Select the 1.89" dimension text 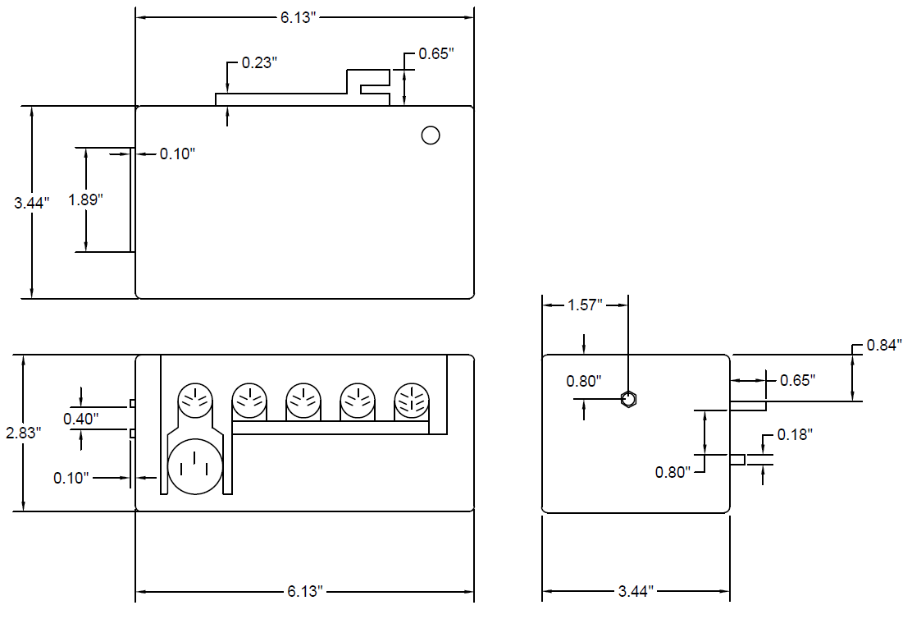click(x=85, y=200)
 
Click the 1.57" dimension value click(x=585, y=305)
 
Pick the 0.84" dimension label click(x=884, y=345)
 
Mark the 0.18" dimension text click(x=794, y=434)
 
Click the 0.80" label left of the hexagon click(x=584, y=381)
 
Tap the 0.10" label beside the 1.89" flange click(x=177, y=154)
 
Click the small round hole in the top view click(x=431, y=135)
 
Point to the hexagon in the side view click(x=628, y=400)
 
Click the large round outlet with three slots click(x=195, y=466)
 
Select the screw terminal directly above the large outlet click(x=195, y=400)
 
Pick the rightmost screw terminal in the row click(x=412, y=401)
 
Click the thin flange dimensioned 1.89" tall click(x=132, y=200)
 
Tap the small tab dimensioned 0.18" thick click(x=737, y=460)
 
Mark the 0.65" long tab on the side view click(x=747, y=406)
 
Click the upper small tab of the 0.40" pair click(x=132, y=403)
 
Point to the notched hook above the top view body click(x=368, y=85)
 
